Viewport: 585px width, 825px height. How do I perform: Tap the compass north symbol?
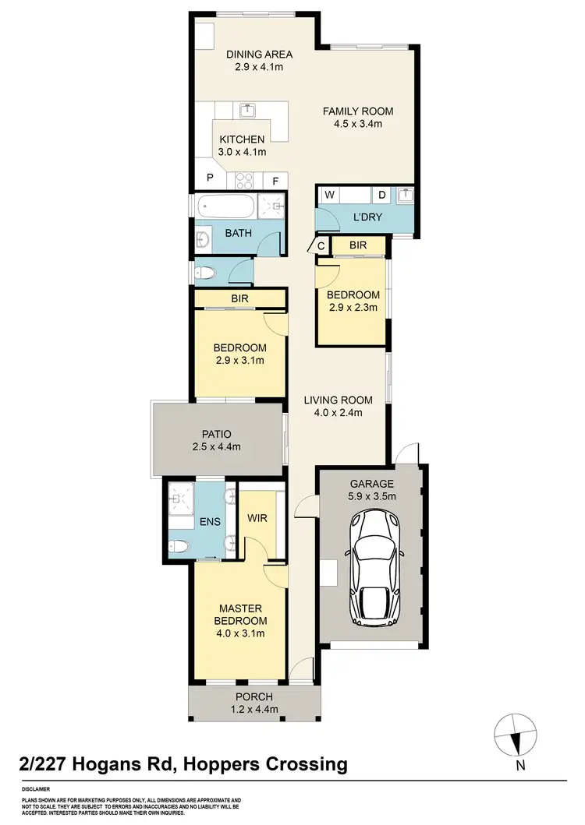click(515, 734)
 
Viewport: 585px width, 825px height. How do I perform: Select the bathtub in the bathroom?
click(225, 209)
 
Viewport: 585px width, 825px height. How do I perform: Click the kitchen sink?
click(248, 110)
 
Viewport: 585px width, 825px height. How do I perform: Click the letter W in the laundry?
click(329, 195)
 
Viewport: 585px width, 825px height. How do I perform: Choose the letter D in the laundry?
click(382, 195)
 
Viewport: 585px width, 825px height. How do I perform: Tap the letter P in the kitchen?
click(210, 178)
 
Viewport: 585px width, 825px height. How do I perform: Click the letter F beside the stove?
click(275, 181)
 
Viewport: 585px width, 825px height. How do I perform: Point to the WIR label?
click(257, 517)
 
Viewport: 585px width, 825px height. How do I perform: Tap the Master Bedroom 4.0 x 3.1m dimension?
click(241, 633)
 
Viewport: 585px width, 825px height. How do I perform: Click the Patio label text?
click(217, 434)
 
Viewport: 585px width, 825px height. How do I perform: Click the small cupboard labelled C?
click(321, 247)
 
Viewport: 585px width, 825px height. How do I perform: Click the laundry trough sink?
click(405, 195)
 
